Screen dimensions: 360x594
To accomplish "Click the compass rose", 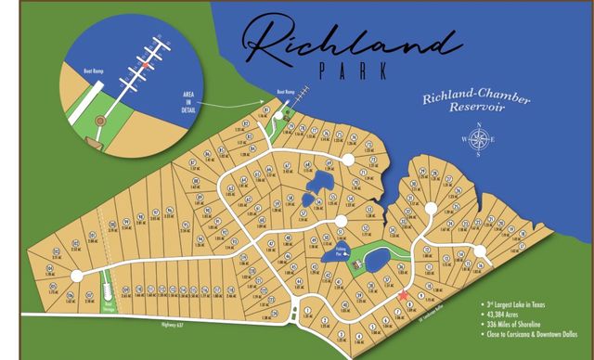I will pos(481,141).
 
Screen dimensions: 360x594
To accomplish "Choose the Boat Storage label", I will pos(109,302).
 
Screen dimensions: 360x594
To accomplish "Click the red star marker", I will pos(402,296).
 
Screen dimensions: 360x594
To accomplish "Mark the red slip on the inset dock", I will pos(146,66).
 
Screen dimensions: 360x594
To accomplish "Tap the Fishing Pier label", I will pos(341,251).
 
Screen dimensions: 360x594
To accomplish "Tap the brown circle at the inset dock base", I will pos(93,142).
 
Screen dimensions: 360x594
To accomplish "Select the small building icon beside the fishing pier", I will pos(355,264).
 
